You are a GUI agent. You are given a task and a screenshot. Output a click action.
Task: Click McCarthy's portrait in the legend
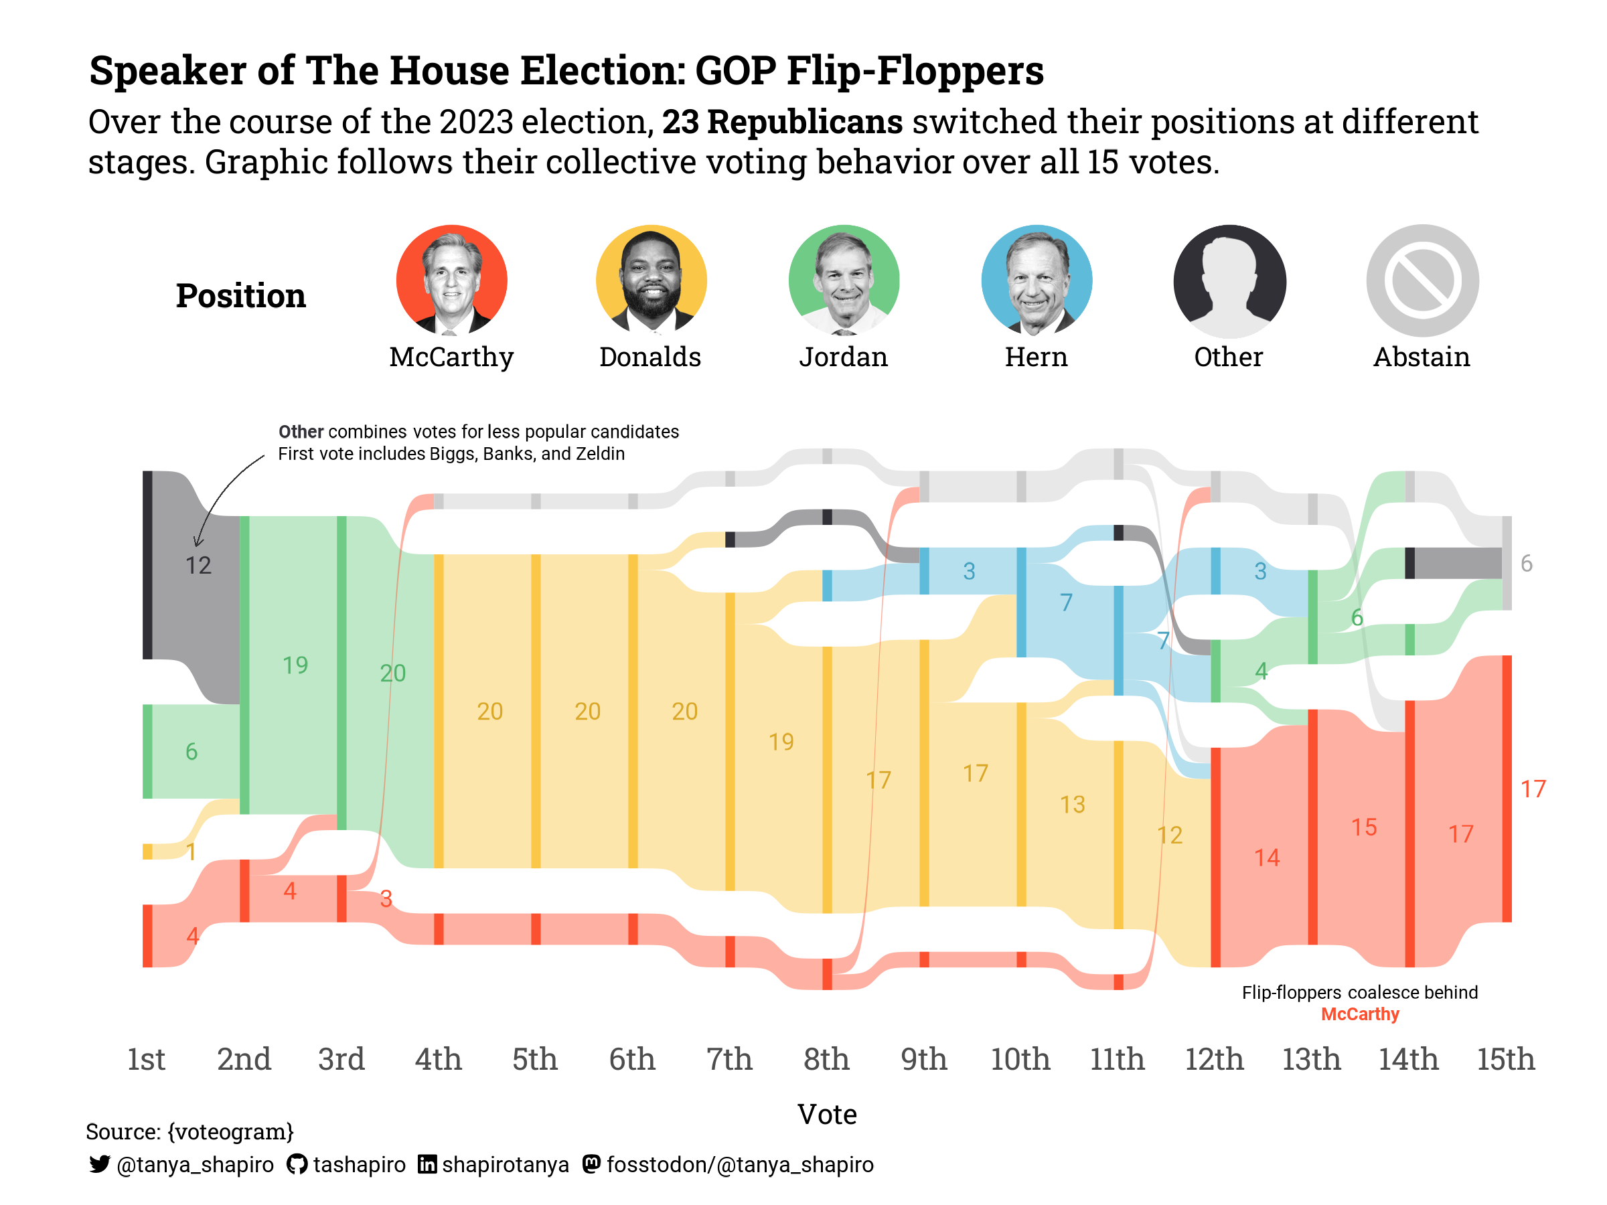click(451, 280)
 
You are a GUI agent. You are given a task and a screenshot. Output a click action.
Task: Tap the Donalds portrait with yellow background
click(651, 280)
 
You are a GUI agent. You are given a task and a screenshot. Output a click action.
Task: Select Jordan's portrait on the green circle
click(844, 280)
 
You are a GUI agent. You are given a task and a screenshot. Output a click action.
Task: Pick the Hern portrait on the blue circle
click(1036, 280)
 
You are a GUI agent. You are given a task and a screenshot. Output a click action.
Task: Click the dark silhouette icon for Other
click(1229, 280)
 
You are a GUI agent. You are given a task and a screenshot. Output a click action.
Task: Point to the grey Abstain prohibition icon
click(1422, 280)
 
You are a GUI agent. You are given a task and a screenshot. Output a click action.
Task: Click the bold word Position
click(240, 297)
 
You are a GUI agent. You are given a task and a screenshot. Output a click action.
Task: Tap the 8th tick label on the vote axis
click(826, 1059)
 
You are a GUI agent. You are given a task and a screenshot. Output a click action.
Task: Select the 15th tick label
click(1505, 1059)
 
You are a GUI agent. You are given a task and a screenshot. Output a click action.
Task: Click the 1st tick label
click(146, 1059)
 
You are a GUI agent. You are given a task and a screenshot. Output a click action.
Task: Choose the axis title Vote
click(827, 1114)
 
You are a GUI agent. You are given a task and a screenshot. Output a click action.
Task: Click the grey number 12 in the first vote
click(198, 565)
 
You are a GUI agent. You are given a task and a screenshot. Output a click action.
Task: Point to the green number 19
click(295, 665)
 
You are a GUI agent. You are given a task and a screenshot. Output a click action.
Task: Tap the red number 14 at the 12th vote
click(1266, 858)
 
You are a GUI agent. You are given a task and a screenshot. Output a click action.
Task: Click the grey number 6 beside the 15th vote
click(1527, 564)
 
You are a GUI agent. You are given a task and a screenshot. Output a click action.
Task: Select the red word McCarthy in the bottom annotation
click(1359, 1014)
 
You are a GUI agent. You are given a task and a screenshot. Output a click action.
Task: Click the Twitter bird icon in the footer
click(100, 1164)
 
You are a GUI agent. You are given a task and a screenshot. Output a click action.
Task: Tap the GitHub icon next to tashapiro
click(297, 1164)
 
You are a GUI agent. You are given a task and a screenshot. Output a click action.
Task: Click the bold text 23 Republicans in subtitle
click(781, 122)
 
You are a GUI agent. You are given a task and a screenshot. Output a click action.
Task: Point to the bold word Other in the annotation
click(301, 432)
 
